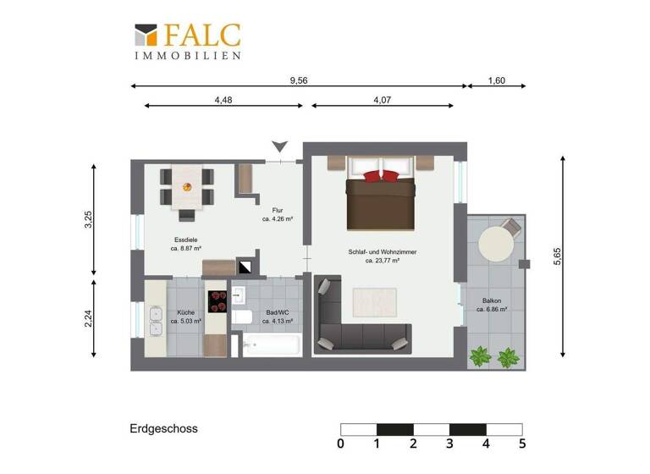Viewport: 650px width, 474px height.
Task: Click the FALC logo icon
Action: pos(145,35)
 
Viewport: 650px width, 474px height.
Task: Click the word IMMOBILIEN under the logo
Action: pos(188,56)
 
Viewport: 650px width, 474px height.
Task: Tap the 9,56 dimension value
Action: pos(298,80)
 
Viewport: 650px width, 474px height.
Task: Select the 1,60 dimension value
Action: pos(497,80)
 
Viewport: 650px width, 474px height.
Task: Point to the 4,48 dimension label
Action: pos(223,100)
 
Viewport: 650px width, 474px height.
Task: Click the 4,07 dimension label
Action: pos(382,100)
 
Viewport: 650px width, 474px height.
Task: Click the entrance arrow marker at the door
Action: pos(280,147)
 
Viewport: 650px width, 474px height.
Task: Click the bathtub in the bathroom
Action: pos(272,346)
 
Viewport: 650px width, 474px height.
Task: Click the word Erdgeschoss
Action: pos(164,429)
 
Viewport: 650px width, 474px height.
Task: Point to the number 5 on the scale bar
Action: pos(522,444)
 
